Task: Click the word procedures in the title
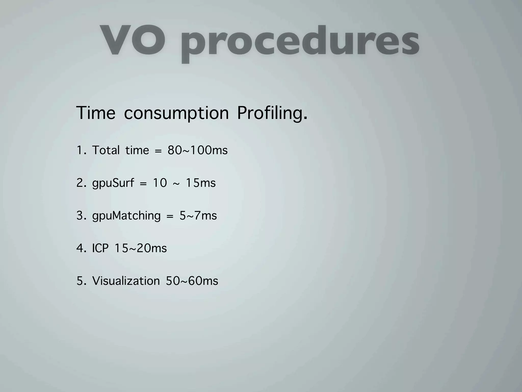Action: [x=300, y=42]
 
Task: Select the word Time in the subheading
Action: [x=96, y=113]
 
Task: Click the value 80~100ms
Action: [x=198, y=150]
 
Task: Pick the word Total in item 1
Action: [x=106, y=150]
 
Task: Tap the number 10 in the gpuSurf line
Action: [x=160, y=183]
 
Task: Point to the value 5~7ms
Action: [x=198, y=216]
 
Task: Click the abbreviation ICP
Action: [x=100, y=248]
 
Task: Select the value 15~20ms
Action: [x=141, y=248]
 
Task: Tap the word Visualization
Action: [x=126, y=281]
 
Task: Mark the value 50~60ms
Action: [x=192, y=281]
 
